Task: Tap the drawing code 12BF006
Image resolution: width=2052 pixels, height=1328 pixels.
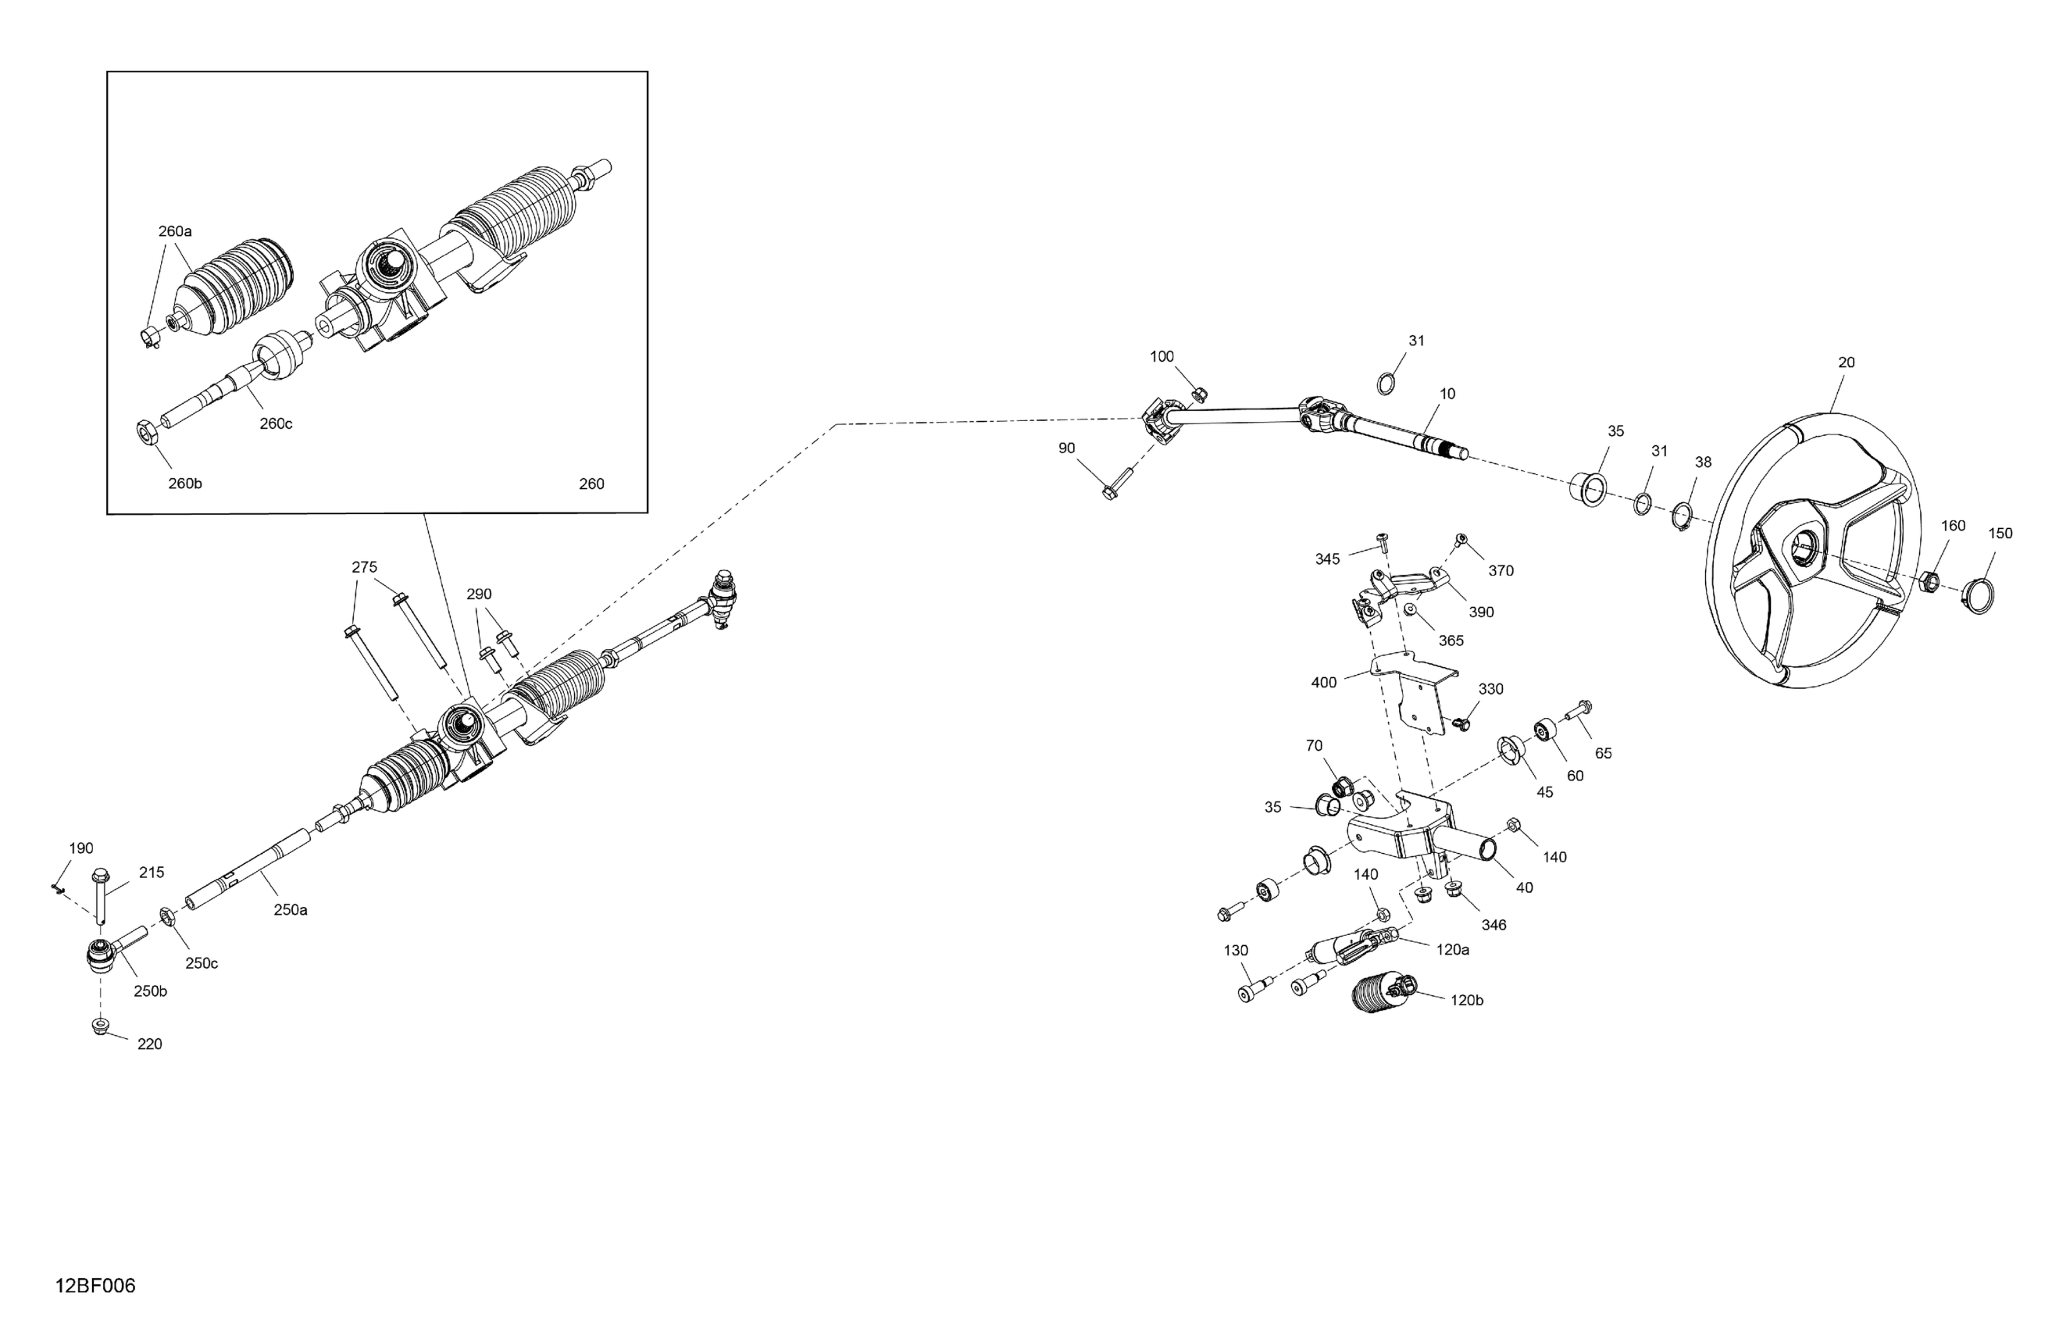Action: (x=95, y=1287)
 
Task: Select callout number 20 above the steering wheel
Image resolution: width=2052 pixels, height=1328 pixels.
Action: (x=1846, y=363)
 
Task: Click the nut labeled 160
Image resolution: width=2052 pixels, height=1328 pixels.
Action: (x=1930, y=582)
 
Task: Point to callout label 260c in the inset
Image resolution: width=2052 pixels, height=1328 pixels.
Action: (x=276, y=424)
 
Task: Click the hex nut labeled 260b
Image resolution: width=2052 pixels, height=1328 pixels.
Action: (x=148, y=430)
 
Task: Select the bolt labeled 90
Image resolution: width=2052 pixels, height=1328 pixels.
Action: (x=1119, y=483)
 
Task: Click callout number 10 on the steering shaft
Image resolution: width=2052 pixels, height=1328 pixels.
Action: (x=1447, y=394)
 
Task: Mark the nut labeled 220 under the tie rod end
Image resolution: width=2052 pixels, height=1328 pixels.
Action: (x=100, y=1026)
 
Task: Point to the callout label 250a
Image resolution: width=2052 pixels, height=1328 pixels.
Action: (x=291, y=910)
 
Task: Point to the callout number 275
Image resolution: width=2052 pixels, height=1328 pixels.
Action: (x=365, y=567)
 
